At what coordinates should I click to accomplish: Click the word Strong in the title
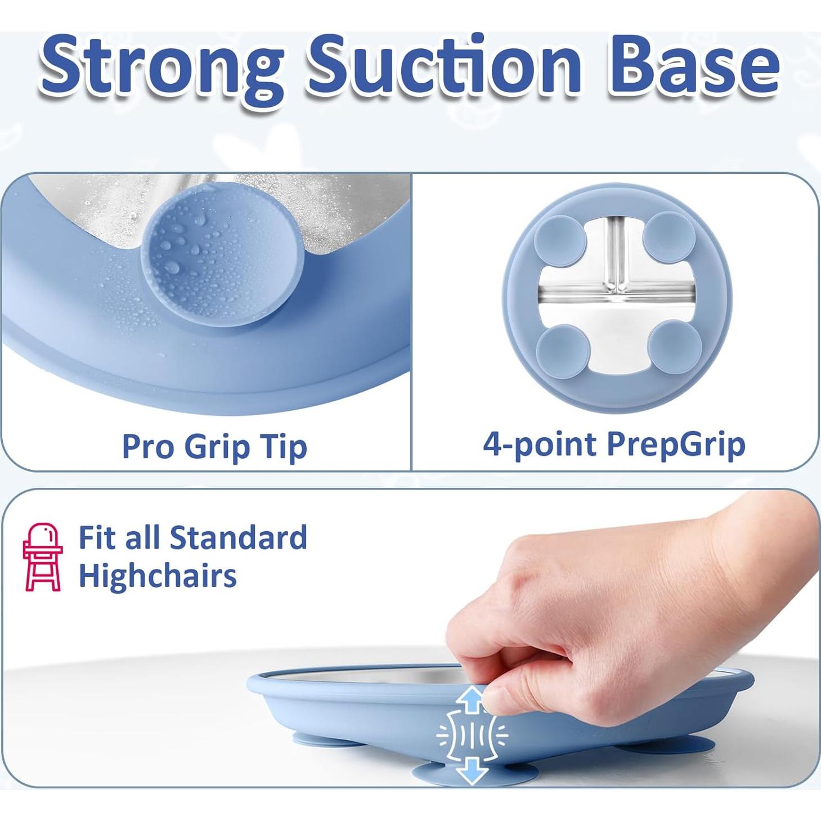pyautogui.click(x=162, y=68)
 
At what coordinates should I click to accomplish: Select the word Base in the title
pyautogui.click(x=697, y=64)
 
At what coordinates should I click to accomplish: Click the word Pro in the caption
pyautogui.click(x=147, y=446)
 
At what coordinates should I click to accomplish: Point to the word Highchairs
pyautogui.click(x=157, y=576)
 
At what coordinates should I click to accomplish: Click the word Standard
pyautogui.click(x=238, y=538)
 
